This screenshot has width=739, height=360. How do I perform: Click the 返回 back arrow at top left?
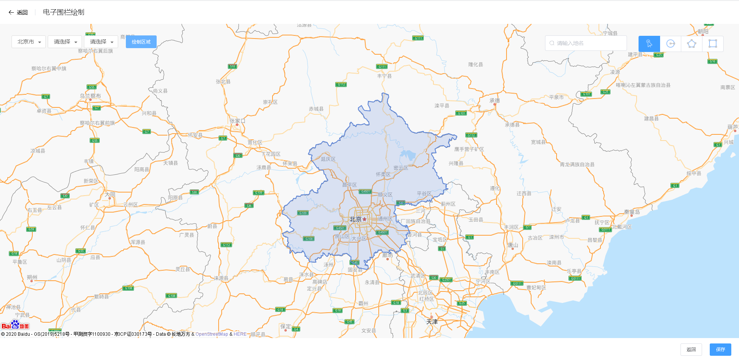coord(12,12)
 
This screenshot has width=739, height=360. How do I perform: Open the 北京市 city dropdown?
coord(29,42)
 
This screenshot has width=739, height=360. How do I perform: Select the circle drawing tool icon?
coord(670,44)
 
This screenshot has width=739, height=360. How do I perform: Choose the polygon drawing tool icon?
coord(692,44)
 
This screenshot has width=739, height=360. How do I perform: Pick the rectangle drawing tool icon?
coord(712,44)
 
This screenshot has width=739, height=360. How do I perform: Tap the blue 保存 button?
coord(720,349)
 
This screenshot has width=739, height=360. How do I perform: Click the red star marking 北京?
coord(364,219)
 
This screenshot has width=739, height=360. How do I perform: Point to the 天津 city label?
coord(432,321)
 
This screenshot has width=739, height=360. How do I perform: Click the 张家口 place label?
coord(237,121)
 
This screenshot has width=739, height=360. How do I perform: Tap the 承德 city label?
coord(495,100)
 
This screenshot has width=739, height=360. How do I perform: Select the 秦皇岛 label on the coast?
coord(632,212)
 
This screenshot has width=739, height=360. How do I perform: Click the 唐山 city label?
coord(513,245)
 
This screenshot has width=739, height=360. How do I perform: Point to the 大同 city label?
coord(110,195)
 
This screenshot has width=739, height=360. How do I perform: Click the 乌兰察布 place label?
coord(90,96)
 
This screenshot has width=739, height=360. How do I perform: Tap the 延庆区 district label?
coord(328,159)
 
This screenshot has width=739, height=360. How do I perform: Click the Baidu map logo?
coord(15,325)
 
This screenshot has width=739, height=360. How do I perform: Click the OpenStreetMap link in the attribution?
coord(212,334)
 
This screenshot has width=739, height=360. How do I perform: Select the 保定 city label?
coord(286,327)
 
